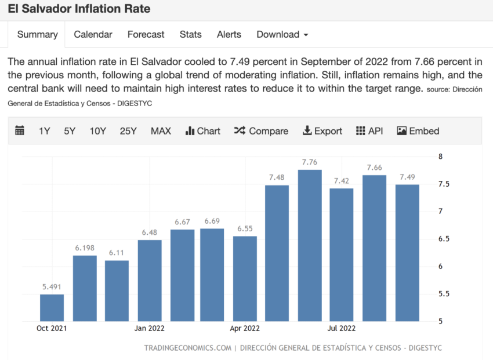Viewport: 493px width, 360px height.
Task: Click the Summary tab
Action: [37, 34]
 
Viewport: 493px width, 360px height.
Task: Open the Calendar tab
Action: [93, 34]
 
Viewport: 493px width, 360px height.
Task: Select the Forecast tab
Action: [146, 34]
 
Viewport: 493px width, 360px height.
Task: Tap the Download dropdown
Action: [282, 34]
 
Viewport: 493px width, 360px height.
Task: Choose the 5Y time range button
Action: [70, 131]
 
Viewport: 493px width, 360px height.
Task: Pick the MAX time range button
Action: [161, 131]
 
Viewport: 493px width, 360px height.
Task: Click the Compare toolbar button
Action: [261, 131]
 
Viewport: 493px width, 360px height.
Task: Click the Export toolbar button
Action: [322, 131]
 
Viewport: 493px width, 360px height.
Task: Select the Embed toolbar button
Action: [418, 131]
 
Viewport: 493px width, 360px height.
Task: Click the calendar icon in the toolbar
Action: [20, 131]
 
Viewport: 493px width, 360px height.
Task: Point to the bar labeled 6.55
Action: [245, 278]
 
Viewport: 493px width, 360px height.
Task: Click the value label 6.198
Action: [85, 248]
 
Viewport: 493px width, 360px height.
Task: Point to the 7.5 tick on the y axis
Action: [444, 184]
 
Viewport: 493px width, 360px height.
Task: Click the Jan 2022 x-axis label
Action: [150, 329]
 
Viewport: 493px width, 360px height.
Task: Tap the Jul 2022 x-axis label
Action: [341, 329]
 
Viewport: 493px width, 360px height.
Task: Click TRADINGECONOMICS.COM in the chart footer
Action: [187, 348]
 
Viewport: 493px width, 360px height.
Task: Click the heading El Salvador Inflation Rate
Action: [79, 9]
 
